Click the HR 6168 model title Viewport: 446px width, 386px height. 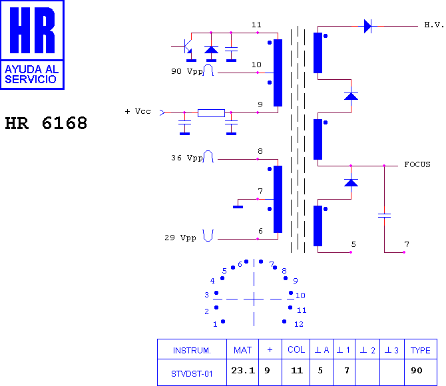(x=46, y=123)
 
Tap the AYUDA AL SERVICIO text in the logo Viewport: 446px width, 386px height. (x=31, y=75)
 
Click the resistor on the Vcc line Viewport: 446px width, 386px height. (x=211, y=113)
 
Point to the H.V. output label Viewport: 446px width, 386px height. (x=434, y=25)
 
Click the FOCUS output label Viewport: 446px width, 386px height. (x=417, y=164)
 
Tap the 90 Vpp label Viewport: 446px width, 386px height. (x=187, y=71)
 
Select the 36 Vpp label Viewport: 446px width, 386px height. (x=187, y=158)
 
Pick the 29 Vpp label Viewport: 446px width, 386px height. (x=180, y=238)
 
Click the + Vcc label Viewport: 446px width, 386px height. (x=138, y=111)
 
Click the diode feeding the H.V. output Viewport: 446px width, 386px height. (x=367, y=26)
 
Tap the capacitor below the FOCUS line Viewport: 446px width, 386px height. (x=384, y=216)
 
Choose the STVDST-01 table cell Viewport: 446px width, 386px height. (x=192, y=373)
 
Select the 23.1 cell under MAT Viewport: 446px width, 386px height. (x=243, y=370)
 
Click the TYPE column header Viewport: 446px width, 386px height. (x=421, y=350)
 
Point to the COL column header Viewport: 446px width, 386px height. (x=296, y=349)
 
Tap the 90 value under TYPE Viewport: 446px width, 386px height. (x=417, y=370)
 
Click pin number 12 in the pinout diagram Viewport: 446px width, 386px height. (x=299, y=324)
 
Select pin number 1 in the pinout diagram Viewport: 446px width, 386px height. (x=215, y=324)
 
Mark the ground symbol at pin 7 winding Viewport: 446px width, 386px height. (x=238, y=207)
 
